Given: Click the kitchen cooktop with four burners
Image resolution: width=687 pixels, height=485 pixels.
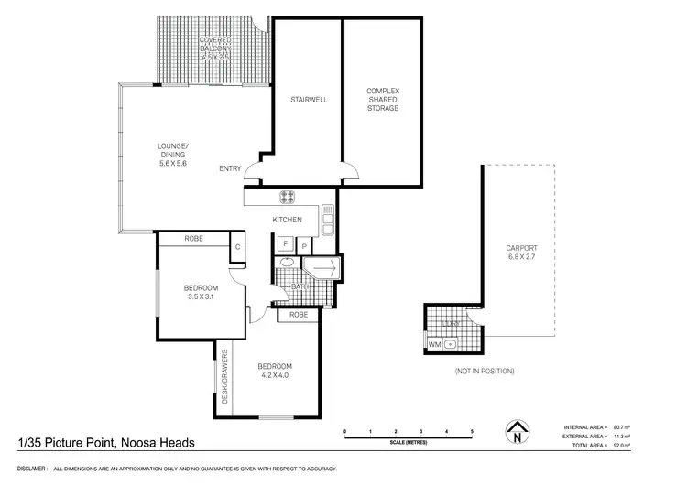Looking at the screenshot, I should [287, 195].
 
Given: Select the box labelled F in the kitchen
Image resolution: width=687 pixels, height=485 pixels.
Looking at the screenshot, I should [285, 244].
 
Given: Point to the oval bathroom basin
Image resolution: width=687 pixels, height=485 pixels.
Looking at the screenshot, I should [287, 263].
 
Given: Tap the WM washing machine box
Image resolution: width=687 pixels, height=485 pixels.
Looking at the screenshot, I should [435, 345].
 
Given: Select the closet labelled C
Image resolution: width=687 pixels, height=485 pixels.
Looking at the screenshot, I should [236, 245].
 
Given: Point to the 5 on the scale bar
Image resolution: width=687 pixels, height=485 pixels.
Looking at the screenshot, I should [472, 430].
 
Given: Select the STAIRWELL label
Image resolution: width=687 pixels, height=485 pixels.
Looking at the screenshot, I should [310, 99].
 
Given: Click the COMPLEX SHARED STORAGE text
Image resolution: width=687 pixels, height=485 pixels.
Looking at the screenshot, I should [382, 99].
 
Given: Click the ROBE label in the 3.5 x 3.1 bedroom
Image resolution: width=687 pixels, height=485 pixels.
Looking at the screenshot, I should [193, 239].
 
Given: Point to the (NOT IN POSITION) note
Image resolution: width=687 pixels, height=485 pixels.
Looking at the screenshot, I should [485, 371].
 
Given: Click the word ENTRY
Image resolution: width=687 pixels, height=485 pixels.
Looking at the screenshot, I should [230, 168].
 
